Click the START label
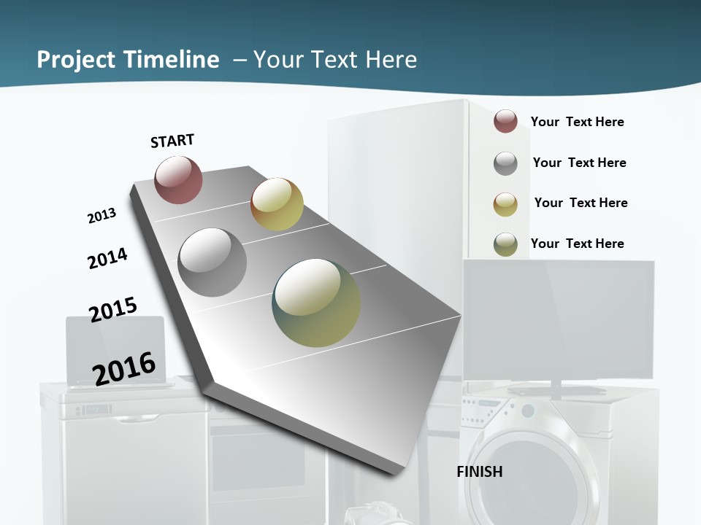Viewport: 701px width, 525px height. click(x=172, y=141)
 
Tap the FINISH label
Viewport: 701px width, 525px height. click(x=480, y=472)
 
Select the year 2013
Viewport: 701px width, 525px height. click(x=101, y=216)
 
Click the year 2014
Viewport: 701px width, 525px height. click(x=107, y=258)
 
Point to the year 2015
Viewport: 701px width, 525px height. click(x=113, y=309)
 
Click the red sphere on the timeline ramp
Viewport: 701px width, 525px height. click(x=178, y=179)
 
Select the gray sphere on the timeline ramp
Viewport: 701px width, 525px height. click(x=212, y=262)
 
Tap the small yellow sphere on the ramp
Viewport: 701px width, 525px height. click(x=277, y=204)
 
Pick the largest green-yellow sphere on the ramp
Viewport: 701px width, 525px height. click(x=316, y=303)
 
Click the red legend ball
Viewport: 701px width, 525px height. click(x=505, y=121)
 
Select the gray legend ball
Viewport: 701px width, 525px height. click(x=505, y=163)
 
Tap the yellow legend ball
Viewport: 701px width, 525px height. click(x=505, y=204)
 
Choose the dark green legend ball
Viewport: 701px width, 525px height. click(x=505, y=244)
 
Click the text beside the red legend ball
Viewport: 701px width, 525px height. click(x=577, y=122)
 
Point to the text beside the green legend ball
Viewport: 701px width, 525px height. click(x=577, y=244)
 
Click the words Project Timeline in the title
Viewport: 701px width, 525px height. click(x=128, y=60)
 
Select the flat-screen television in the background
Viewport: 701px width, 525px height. click(x=559, y=321)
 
